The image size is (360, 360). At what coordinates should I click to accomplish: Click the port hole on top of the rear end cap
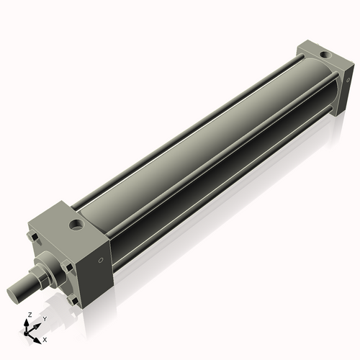coord(324,55)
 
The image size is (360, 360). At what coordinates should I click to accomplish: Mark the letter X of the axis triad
coord(45,338)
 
